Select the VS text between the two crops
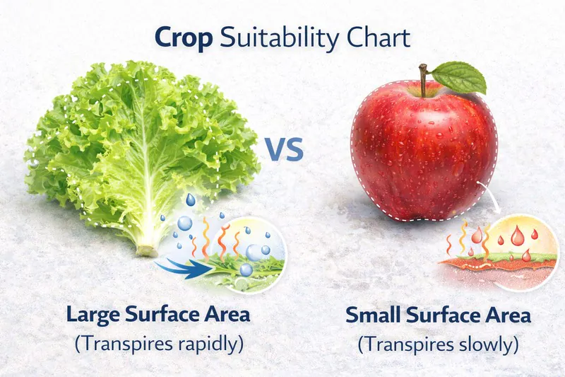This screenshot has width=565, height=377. coord(285,150)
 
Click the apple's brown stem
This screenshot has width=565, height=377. coord(423,80)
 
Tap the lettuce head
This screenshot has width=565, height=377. coord(141,141)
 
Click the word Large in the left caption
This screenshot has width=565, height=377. coord(95,314)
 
